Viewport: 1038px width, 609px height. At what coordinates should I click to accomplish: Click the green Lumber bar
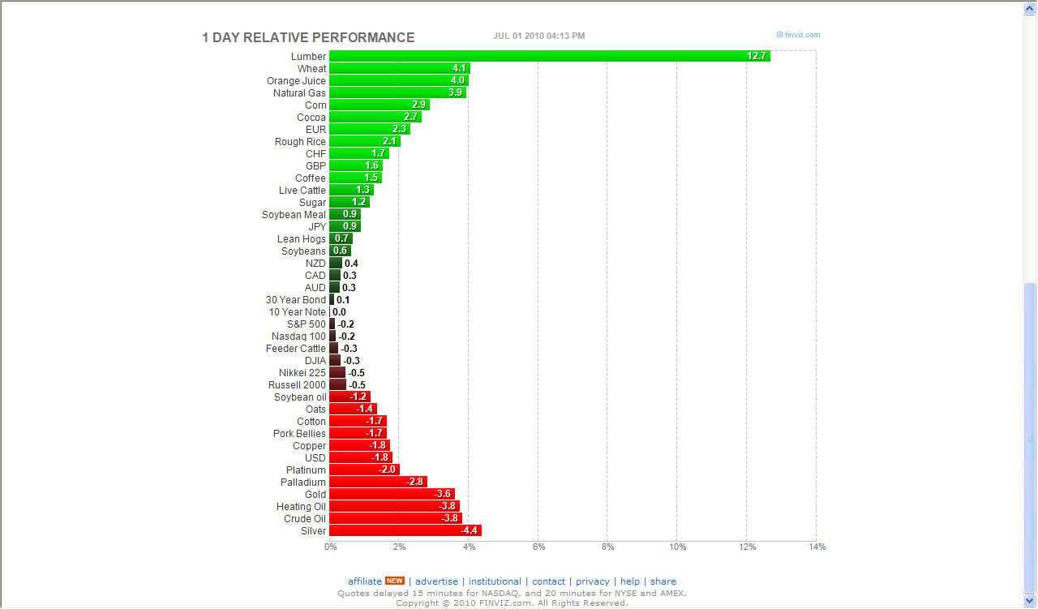(x=550, y=56)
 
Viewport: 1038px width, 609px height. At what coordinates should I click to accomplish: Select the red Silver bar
(x=405, y=530)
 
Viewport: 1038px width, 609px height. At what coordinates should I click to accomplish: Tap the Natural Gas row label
(x=299, y=93)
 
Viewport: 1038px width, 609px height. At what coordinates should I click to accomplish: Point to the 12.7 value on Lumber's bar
(x=757, y=56)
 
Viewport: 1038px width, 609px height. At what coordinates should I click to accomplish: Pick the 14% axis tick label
(x=817, y=547)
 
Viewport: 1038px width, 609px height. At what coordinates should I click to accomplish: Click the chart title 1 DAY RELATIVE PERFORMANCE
(x=308, y=37)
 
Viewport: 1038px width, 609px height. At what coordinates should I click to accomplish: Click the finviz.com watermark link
(x=799, y=35)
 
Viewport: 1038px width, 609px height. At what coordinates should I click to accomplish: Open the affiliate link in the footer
(x=365, y=581)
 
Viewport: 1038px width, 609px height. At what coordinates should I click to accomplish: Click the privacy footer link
(x=593, y=581)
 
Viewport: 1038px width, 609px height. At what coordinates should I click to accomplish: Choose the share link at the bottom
(x=663, y=581)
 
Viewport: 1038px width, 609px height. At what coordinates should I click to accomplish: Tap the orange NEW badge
(x=395, y=581)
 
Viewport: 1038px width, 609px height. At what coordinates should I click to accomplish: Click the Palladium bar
(x=378, y=482)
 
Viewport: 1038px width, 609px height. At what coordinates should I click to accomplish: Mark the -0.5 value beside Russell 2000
(x=357, y=384)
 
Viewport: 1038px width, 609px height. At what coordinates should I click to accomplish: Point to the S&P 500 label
(x=307, y=324)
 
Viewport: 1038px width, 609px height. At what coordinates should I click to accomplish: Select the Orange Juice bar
(x=399, y=81)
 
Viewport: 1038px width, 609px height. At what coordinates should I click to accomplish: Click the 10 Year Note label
(x=298, y=312)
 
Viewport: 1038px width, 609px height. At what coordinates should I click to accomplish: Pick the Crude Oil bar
(x=395, y=518)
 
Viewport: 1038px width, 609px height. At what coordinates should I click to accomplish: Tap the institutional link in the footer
(x=495, y=581)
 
